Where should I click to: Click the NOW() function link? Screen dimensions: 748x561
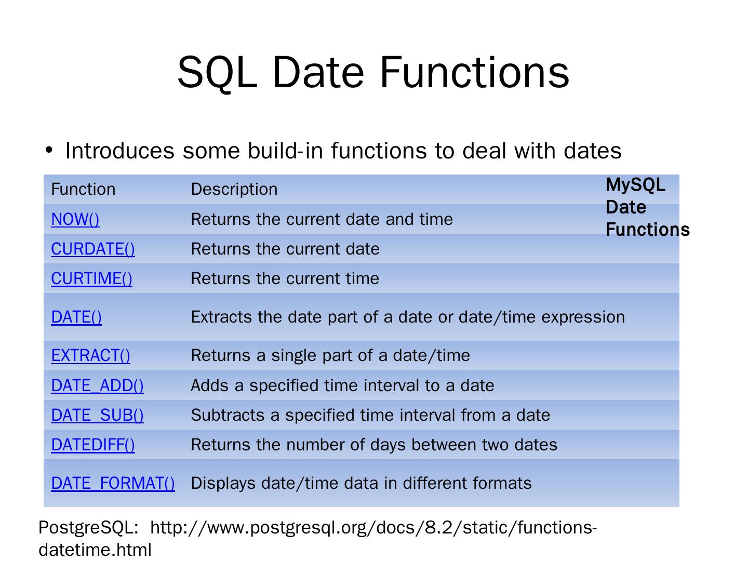click(x=75, y=219)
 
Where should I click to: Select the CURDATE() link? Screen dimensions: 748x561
click(x=92, y=249)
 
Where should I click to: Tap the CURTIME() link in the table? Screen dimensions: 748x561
click(x=91, y=278)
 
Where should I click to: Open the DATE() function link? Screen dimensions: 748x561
click(x=76, y=317)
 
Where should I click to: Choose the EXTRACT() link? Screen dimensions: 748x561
click(x=90, y=356)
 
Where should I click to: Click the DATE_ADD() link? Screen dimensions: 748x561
click(x=97, y=385)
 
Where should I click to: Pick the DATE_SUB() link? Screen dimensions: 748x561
click(x=97, y=415)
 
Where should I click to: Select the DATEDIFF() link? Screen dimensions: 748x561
click(x=92, y=445)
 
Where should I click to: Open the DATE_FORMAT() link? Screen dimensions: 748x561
click(x=113, y=483)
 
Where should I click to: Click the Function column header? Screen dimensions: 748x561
click(x=83, y=189)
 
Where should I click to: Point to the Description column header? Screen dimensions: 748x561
click(x=234, y=189)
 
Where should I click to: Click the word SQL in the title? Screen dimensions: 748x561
click(x=217, y=73)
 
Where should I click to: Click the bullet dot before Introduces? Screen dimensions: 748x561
click(x=49, y=150)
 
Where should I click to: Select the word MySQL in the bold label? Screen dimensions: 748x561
click(x=635, y=185)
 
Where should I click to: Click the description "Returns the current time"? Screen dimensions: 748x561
click(x=285, y=278)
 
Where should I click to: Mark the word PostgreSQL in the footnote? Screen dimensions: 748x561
click(x=88, y=528)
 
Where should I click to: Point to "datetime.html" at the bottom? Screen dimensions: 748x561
click(x=95, y=550)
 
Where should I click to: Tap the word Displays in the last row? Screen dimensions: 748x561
click(x=223, y=484)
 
